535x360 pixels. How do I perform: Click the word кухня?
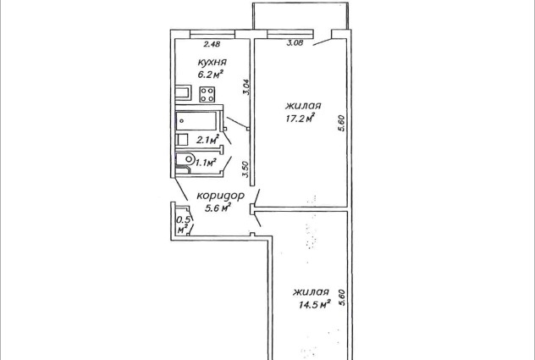(x=212, y=63)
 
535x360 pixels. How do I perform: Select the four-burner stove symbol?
(x=207, y=94)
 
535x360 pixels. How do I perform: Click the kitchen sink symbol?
(x=183, y=93)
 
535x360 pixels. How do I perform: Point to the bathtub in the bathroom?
(x=196, y=121)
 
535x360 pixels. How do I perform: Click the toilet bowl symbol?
(x=185, y=159)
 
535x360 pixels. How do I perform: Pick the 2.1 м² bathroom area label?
(x=207, y=140)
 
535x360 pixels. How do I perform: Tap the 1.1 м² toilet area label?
(x=206, y=162)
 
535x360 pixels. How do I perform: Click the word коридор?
(x=220, y=196)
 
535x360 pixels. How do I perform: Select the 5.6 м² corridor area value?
(x=218, y=208)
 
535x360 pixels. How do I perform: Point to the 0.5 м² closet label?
(x=183, y=224)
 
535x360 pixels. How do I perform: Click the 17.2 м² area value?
(x=300, y=119)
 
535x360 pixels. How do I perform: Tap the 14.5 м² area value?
(x=315, y=304)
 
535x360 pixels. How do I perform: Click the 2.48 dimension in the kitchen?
(x=212, y=44)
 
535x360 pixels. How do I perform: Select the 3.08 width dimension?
(x=295, y=43)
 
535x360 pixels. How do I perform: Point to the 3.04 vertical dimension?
(x=247, y=87)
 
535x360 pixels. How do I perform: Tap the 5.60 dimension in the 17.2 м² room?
(x=343, y=124)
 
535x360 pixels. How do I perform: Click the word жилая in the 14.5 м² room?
(x=311, y=292)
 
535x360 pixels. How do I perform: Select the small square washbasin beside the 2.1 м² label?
(x=182, y=140)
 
